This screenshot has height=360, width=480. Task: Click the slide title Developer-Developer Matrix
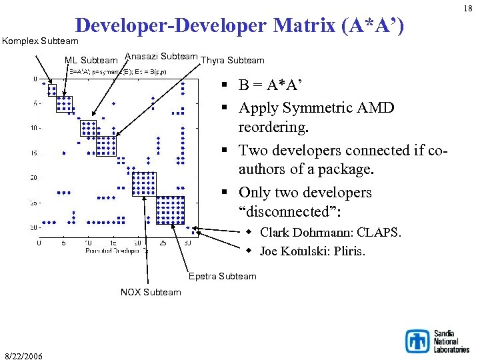(240, 26)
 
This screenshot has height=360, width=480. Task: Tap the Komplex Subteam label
(40, 41)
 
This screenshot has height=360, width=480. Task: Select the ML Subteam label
(91, 61)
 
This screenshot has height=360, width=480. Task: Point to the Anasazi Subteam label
(161, 57)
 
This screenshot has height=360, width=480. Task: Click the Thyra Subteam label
(233, 61)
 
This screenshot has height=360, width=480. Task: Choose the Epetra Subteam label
(222, 276)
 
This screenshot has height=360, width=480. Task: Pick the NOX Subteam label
(150, 292)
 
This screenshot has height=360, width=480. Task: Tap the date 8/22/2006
(24, 356)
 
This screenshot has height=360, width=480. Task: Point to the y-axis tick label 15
(33, 153)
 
